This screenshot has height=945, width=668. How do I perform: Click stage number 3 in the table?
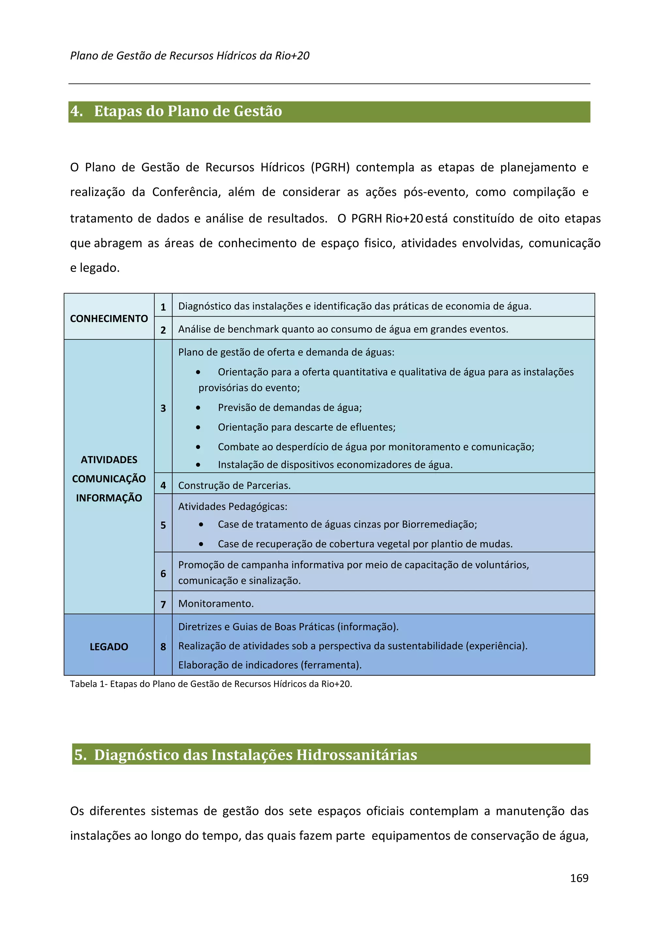point(163,408)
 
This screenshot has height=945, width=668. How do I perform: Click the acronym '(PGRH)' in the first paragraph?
point(330,168)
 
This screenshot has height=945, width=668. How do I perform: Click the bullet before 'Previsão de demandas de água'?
point(198,408)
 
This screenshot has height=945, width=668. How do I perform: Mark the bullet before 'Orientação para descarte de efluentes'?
point(198,427)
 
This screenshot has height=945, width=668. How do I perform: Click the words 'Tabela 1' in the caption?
point(86,684)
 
